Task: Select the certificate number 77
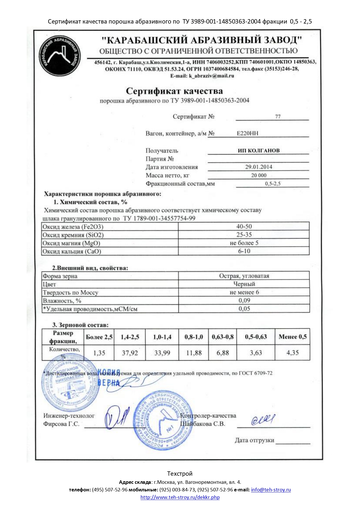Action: (x=278, y=117)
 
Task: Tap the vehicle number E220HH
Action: (x=247, y=133)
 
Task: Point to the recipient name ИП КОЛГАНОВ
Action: (x=258, y=151)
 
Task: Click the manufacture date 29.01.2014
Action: (x=259, y=167)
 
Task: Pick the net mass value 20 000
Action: (x=259, y=175)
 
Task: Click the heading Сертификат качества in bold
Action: (x=174, y=91)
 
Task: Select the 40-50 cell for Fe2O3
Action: (x=244, y=226)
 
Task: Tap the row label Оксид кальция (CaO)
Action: (x=72, y=251)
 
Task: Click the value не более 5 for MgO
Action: (x=244, y=243)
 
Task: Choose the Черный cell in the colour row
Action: (x=244, y=284)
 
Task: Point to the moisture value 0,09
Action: (x=244, y=300)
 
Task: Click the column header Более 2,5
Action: (x=99, y=337)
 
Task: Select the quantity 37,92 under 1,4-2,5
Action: (x=130, y=353)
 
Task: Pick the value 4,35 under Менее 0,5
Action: (x=292, y=352)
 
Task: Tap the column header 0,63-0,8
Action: (x=222, y=337)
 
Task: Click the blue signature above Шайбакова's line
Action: (x=263, y=420)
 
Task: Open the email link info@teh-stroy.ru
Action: (x=271, y=490)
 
